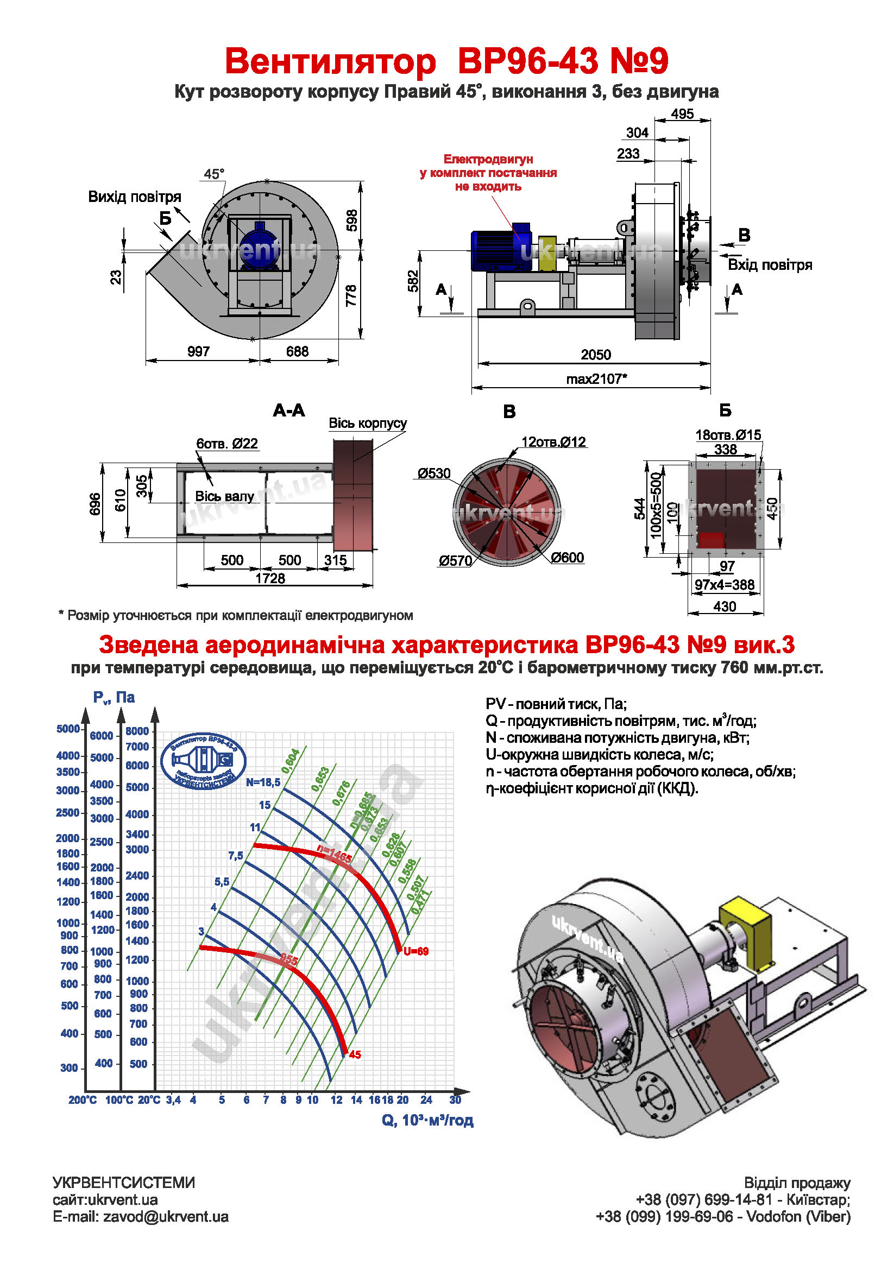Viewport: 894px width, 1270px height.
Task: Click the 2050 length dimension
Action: (x=595, y=355)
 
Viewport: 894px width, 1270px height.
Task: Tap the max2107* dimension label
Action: (x=596, y=379)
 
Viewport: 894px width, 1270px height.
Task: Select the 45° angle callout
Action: (x=214, y=174)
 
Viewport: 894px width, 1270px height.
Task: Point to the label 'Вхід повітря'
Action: (x=770, y=265)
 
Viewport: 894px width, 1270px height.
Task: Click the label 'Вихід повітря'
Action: (x=135, y=197)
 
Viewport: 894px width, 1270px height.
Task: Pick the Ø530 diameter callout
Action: (x=434, y=473)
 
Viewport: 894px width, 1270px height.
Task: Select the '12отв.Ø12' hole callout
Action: (x=553, y=442)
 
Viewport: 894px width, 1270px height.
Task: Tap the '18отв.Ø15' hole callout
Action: (x=728, y=435)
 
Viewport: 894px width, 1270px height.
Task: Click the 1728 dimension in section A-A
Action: (x=270, y=579)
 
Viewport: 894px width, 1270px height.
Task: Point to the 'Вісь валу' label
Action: (x=224, y=497)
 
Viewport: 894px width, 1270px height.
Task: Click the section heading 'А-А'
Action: (x=289, y=410)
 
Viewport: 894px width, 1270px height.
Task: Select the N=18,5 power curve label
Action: (x=263, y=782)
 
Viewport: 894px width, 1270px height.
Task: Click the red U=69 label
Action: (x=415, y=951)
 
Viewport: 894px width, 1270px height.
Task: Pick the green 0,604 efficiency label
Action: (x=291, y=761)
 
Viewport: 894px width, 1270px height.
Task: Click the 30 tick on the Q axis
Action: (x=455, y=1100)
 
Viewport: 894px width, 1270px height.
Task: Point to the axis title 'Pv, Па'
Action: (x=114, y=698)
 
